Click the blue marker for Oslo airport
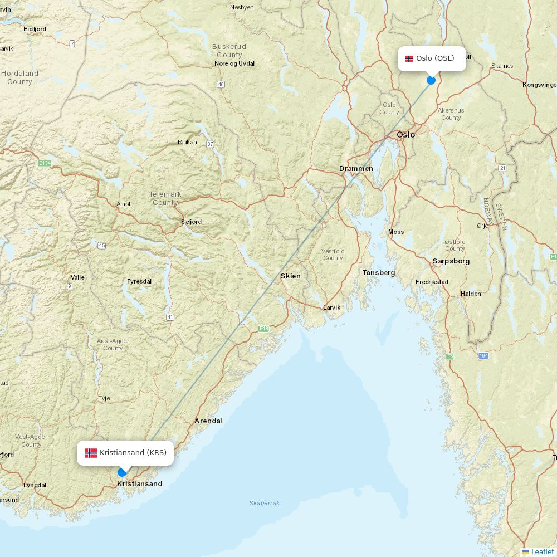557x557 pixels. pos(431,80)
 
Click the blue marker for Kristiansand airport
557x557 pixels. pos(122,472)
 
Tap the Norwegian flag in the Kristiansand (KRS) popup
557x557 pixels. pos(91,453)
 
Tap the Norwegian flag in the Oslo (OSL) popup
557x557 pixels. pos(409,58)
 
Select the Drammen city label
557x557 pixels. pos(356,168)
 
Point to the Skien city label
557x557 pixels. pos(290,276)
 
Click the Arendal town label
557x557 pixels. pos(208,421)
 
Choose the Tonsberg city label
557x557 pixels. pos(379,272)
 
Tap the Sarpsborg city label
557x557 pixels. pos(451,261)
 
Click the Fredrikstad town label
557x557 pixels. pos(432,282)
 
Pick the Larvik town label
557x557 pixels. pos(331,307)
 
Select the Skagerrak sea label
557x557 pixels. pos(265,503)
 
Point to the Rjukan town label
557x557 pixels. pos(187,142)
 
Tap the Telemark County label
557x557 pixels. pos(165,198)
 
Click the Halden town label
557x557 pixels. pos(471,294)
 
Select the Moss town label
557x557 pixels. pos(396,232)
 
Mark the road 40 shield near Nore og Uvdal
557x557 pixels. pos(221,85)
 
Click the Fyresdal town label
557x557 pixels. pos(139,281)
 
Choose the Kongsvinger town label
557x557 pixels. pos(539,85)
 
